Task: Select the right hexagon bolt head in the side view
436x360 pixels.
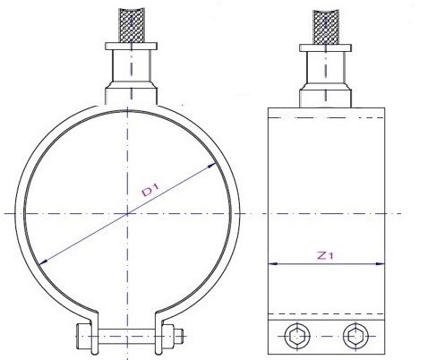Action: (x=355, y=337)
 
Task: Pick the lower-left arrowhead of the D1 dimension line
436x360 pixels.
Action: (x=42, y=260)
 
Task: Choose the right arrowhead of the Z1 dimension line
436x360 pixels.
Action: (x=386, y=263)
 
